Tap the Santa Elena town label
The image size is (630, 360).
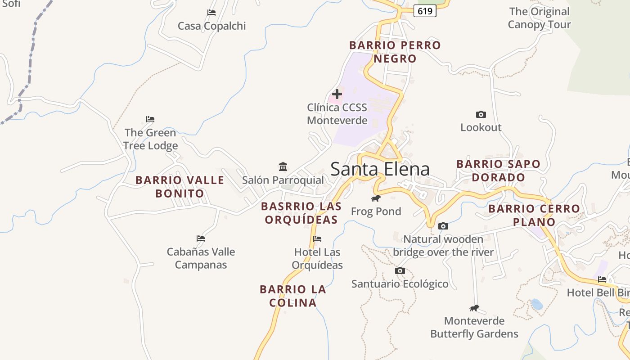click(380, 169)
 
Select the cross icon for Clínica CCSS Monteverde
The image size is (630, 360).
click(337, 94)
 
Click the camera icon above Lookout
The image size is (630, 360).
click(481, 115)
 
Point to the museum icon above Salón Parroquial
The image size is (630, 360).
click(283, 167)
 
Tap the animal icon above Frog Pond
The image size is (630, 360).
click(376, 198)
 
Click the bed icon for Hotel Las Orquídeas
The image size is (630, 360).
click(317, 239)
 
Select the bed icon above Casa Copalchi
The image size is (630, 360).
click(211, 13)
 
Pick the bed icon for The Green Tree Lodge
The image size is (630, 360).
click(150, 119)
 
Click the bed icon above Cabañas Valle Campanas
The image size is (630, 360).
click(201, 238)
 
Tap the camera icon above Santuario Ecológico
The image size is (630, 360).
click(400, 270)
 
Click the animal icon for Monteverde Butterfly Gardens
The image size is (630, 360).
click(474, 308)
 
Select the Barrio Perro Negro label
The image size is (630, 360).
click(395, 52)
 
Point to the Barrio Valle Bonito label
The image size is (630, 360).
click(180, 187)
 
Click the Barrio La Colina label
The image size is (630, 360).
click(293, 296)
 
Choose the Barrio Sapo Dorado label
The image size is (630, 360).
click(498, 171)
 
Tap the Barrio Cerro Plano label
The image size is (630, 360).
click(534, 215)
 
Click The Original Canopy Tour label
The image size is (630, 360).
click(539, 18)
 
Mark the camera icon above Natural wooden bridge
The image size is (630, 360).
click(443, 226)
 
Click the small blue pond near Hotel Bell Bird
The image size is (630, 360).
click(537, 304)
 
